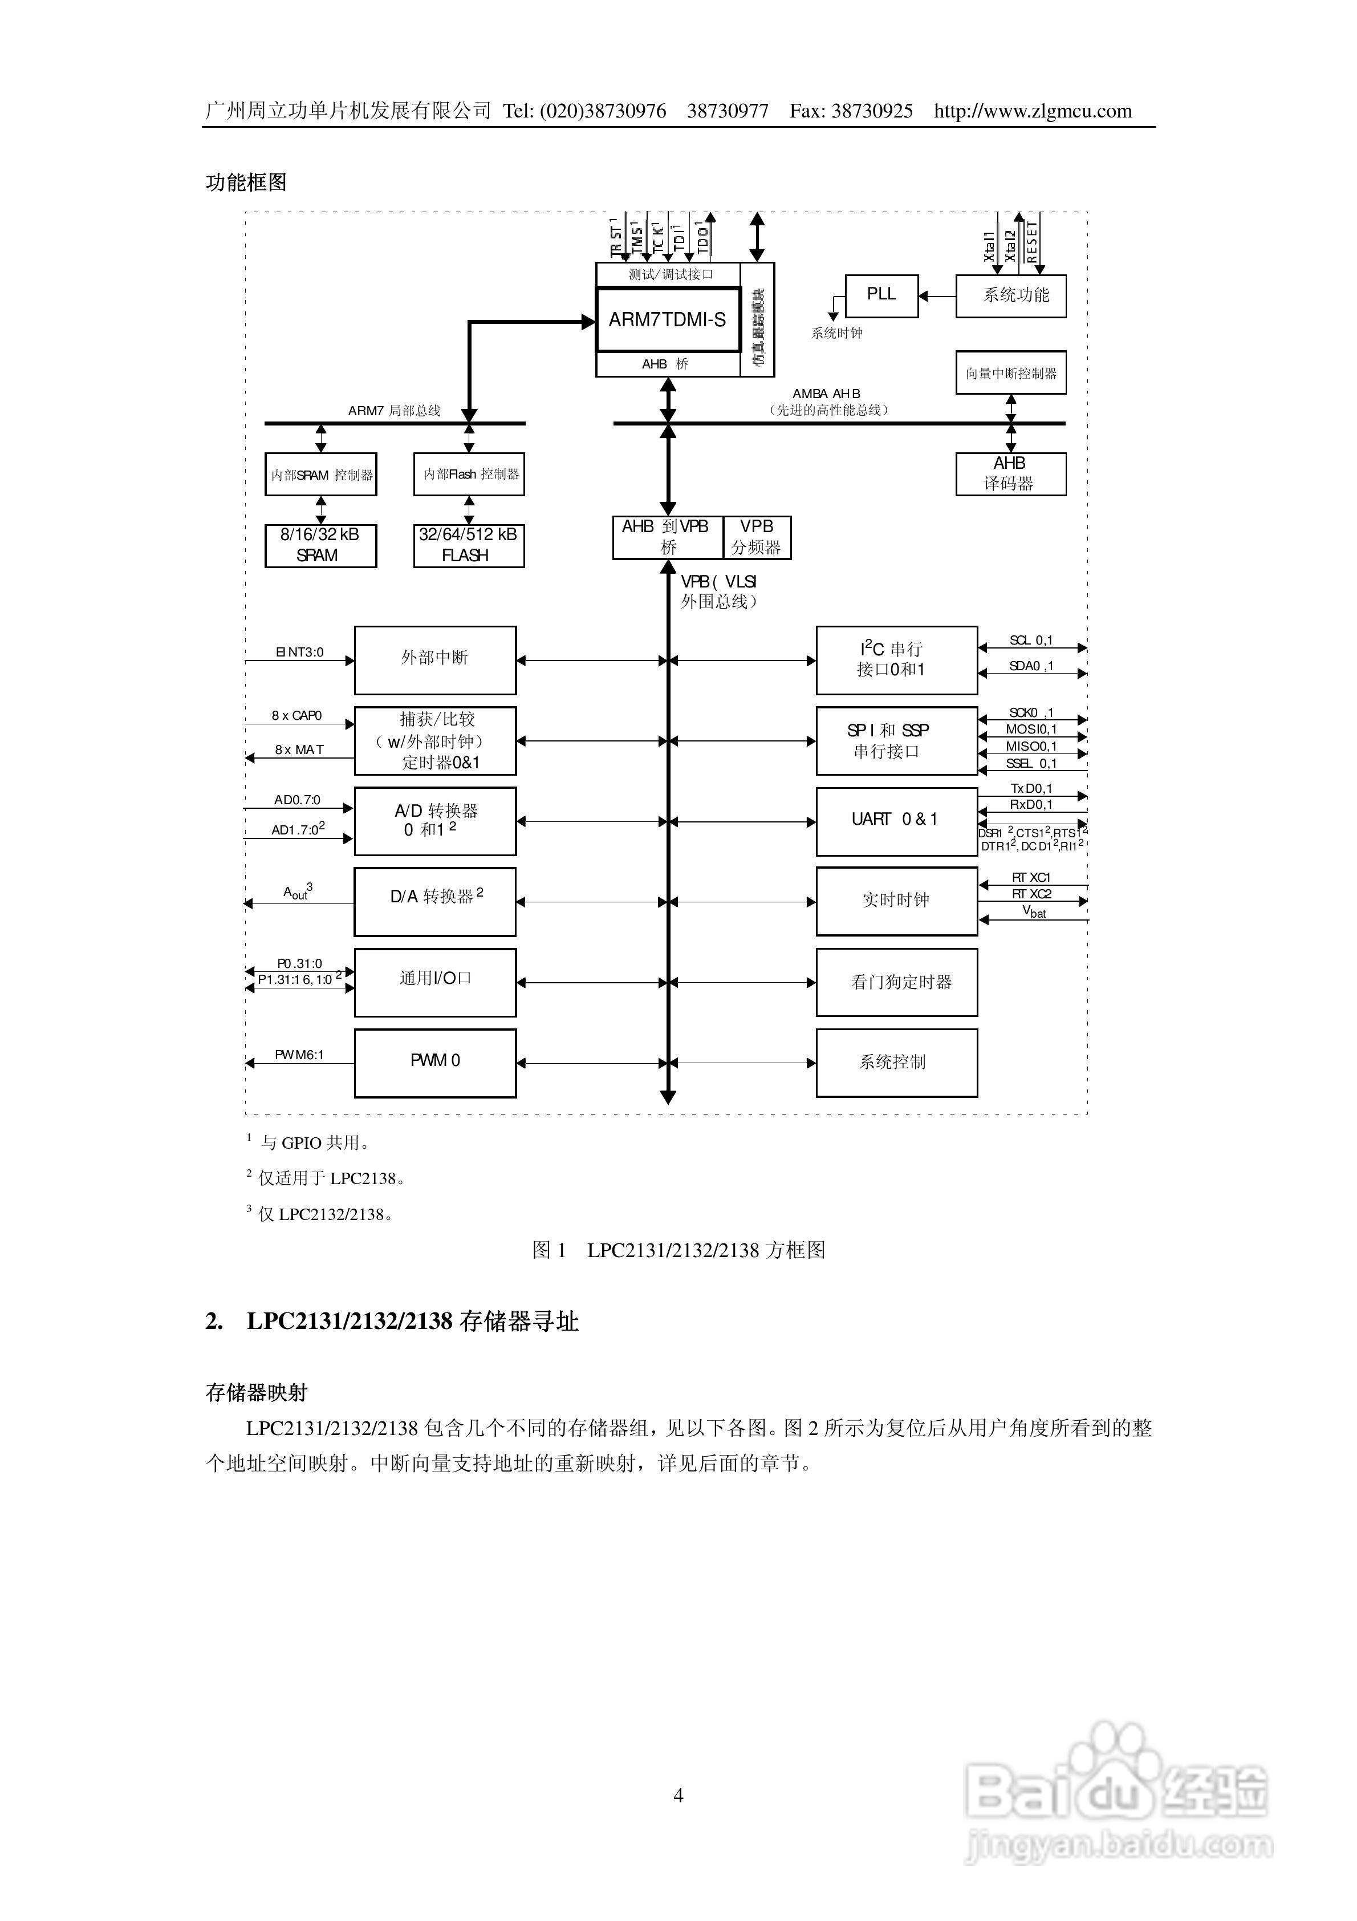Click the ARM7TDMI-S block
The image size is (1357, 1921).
668,319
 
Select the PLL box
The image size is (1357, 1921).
881,295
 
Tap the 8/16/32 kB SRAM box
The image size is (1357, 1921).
320,545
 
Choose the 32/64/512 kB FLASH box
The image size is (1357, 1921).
469,545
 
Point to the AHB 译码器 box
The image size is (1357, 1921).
1010,473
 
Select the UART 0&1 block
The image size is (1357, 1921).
896,821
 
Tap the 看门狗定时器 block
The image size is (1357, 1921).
896,982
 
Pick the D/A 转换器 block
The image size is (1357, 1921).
435,901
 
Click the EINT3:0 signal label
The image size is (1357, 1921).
299,652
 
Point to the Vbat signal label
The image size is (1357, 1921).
1034,912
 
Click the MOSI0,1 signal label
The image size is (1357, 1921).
1031,729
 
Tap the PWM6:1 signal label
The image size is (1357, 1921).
299,1054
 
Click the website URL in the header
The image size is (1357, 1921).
1033,111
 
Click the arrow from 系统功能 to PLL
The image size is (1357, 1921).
937,295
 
